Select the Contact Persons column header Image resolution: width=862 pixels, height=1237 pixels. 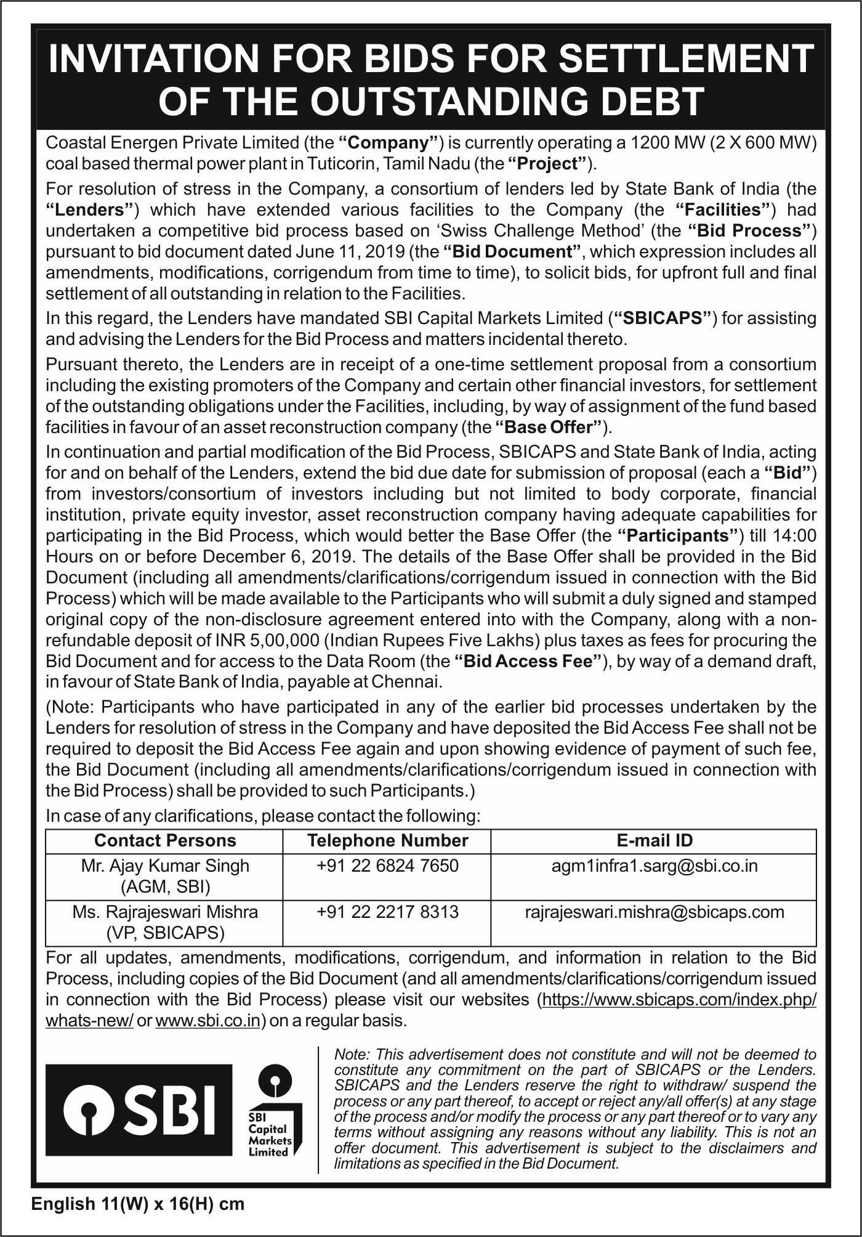(165, 841)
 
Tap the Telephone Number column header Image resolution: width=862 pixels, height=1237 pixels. (387, 841)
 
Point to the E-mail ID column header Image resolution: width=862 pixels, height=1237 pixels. (655, 841)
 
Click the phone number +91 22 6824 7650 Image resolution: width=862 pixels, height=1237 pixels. (387, 866)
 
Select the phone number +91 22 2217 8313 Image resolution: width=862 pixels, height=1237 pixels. (387, 912)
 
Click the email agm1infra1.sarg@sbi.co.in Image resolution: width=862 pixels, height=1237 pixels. (655, 866)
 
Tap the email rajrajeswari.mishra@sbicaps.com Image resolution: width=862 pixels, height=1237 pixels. (655, 912)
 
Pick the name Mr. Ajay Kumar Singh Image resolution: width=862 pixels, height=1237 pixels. (165, 866)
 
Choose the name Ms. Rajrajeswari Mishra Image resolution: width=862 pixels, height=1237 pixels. (165, 912)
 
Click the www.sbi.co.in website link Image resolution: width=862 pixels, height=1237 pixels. (207, 1021)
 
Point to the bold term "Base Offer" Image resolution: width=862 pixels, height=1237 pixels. (549, 427)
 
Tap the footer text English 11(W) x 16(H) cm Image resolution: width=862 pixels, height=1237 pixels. (138, 1204)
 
